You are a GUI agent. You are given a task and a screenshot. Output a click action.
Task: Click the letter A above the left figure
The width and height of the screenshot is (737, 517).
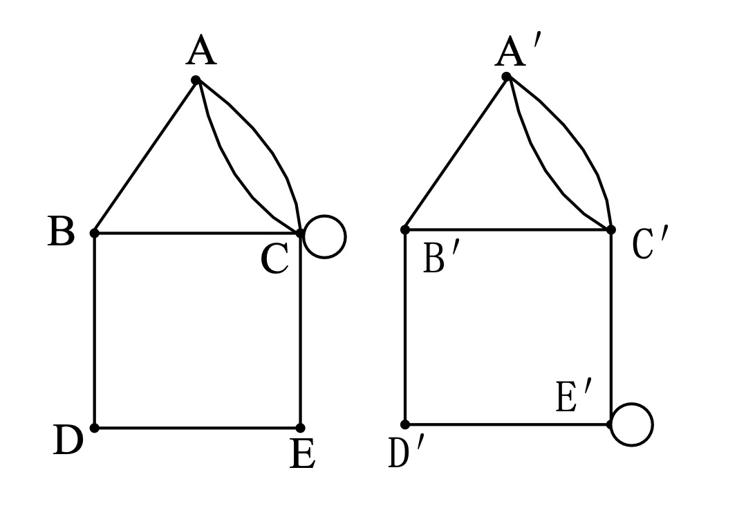click(201, 50)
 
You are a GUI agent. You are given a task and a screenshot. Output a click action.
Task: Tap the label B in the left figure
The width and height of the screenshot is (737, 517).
click(61, 231)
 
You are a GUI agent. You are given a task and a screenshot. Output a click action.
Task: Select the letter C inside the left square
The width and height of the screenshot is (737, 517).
click(275, 259)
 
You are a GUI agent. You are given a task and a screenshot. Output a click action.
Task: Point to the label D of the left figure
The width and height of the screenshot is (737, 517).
click(68, 440)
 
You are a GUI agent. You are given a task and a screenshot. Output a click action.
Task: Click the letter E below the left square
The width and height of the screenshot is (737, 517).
click(302, 453)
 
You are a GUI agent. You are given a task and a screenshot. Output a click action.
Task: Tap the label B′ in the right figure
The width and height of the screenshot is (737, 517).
click(440, 258)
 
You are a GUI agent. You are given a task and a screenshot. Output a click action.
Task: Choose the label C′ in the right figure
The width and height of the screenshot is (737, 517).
click(650, 243)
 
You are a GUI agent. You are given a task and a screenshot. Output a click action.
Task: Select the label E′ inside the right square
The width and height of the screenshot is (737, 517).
click(574, 397)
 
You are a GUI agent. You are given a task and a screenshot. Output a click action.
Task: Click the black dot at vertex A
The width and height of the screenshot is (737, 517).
click(196, 80)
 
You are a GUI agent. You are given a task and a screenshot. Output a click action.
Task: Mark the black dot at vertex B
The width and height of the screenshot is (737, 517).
click(95, 233)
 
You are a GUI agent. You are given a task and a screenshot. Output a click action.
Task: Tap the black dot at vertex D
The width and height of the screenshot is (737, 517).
click(95, 428)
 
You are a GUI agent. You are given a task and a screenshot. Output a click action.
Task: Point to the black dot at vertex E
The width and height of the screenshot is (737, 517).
click(300, 428)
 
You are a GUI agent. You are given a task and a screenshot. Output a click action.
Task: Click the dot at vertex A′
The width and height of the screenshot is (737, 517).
click(506, 76)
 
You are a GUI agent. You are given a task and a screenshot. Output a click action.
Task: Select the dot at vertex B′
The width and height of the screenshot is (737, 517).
click(404, 229)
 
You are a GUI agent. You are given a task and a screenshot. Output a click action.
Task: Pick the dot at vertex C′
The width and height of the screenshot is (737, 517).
click(610, 229)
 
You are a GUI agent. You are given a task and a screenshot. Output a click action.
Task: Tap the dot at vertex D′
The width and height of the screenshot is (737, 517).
click(404, 424)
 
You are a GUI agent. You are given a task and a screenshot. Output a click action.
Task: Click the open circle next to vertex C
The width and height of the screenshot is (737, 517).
click(325, 216)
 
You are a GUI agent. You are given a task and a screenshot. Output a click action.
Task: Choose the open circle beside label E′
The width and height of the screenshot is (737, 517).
click(632, 404)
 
